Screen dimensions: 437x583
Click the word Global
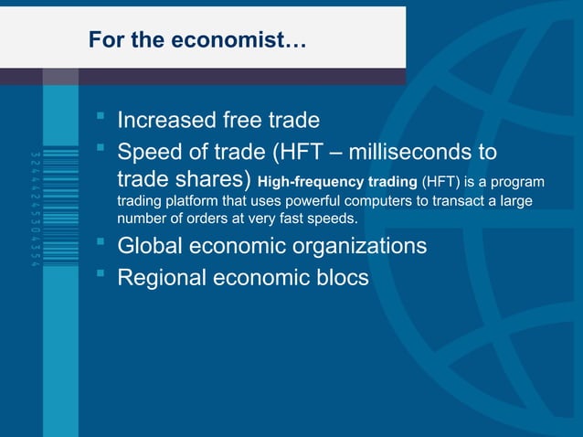pos(151,246)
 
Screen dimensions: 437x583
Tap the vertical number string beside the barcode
pos(34,202)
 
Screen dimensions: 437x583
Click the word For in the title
pos(102,40)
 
